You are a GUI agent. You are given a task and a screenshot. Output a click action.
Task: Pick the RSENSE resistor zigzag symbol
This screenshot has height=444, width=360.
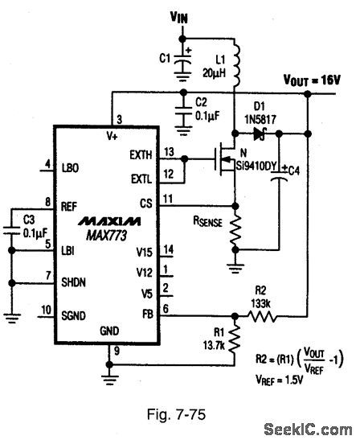(235, 233)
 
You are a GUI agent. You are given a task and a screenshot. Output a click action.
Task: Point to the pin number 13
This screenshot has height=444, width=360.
(168, 150)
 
